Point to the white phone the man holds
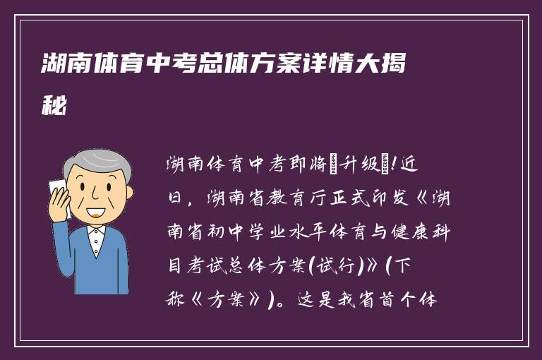56,193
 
